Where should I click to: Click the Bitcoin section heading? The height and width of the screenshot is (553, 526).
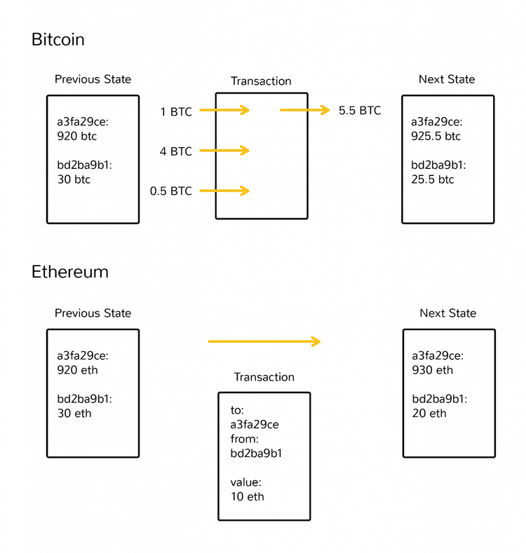58,39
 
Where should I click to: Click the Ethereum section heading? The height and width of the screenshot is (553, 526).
69,271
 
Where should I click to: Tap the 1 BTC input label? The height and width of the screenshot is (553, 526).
176,111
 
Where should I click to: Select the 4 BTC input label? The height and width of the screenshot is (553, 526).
175,151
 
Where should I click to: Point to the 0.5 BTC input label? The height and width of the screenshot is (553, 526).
170,191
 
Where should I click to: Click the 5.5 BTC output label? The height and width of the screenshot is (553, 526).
360,111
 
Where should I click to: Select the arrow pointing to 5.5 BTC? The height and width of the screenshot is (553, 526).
304,110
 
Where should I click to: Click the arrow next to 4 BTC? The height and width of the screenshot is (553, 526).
224,151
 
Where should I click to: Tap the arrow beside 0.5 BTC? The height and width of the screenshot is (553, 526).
224,191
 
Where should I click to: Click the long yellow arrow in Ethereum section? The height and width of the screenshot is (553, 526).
264,341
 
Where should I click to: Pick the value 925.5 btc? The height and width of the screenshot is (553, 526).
436,136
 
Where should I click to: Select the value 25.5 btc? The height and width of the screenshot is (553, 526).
433,179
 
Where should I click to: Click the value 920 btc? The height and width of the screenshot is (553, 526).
76,136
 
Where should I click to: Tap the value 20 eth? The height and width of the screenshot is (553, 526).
429,414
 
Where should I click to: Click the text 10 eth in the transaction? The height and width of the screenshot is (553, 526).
248,496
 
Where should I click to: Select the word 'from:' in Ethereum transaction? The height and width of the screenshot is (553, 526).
245,439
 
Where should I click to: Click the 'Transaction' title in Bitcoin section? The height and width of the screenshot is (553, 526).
261,81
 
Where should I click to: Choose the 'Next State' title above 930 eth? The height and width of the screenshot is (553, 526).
447,313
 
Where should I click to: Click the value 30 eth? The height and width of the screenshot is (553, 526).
74,414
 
